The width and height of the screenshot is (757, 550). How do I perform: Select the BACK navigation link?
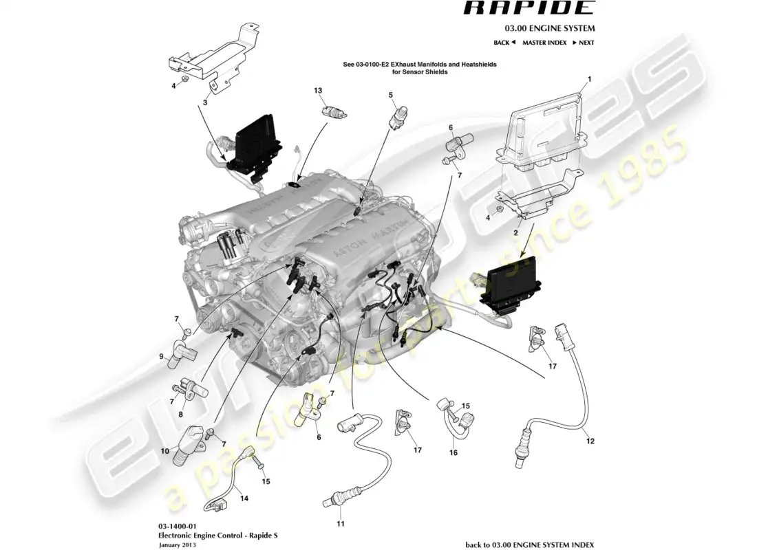(x=504, y=43)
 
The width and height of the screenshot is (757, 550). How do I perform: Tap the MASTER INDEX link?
(x=544, y=43)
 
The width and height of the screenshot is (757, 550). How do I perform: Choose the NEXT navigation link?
(x=585, y=43)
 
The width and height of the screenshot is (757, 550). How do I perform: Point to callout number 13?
(x=318, y=91)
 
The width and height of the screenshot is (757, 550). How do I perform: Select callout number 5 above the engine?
(x=390, y=94)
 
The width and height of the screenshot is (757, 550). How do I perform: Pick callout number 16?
(x=452, y=454)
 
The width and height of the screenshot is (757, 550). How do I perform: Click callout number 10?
(x=164, y=452)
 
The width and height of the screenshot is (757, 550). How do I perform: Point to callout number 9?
(x=162, y=356)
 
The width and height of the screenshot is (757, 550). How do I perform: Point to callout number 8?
(x=181, y=415)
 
